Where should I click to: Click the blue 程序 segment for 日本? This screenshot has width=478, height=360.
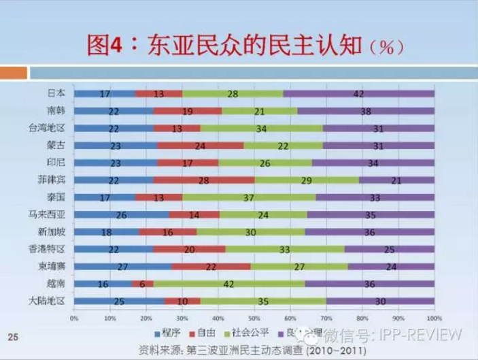coord(105,93)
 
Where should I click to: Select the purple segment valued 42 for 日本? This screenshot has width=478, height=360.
coord(359,93)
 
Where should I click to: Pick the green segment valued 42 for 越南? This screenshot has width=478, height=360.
coord(228,284)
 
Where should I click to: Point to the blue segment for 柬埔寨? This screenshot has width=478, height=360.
coord(123,267)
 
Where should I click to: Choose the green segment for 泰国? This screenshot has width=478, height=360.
coord(249,197)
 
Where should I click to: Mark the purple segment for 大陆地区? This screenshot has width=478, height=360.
coord(380,301)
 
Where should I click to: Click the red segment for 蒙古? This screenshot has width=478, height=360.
coord(201,145)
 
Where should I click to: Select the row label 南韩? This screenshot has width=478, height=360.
coord(56,110)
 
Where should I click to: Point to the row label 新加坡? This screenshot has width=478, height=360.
coord(53,231)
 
